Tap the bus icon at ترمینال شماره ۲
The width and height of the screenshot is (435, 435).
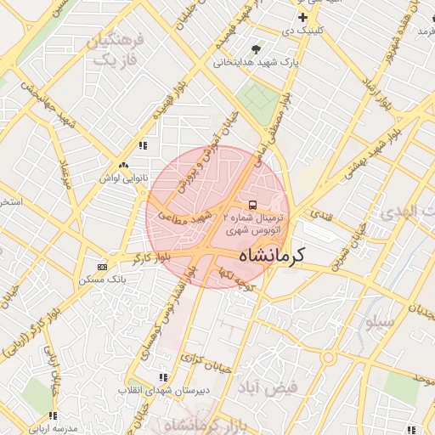click(x=251, y=205)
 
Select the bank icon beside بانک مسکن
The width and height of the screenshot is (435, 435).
click(x=103, y=267)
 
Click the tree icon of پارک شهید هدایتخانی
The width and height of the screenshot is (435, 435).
click(x=257, y=48)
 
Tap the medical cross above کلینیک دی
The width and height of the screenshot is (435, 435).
click(x=302, y=17)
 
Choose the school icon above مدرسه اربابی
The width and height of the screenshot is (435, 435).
click(x=53, y=415)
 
